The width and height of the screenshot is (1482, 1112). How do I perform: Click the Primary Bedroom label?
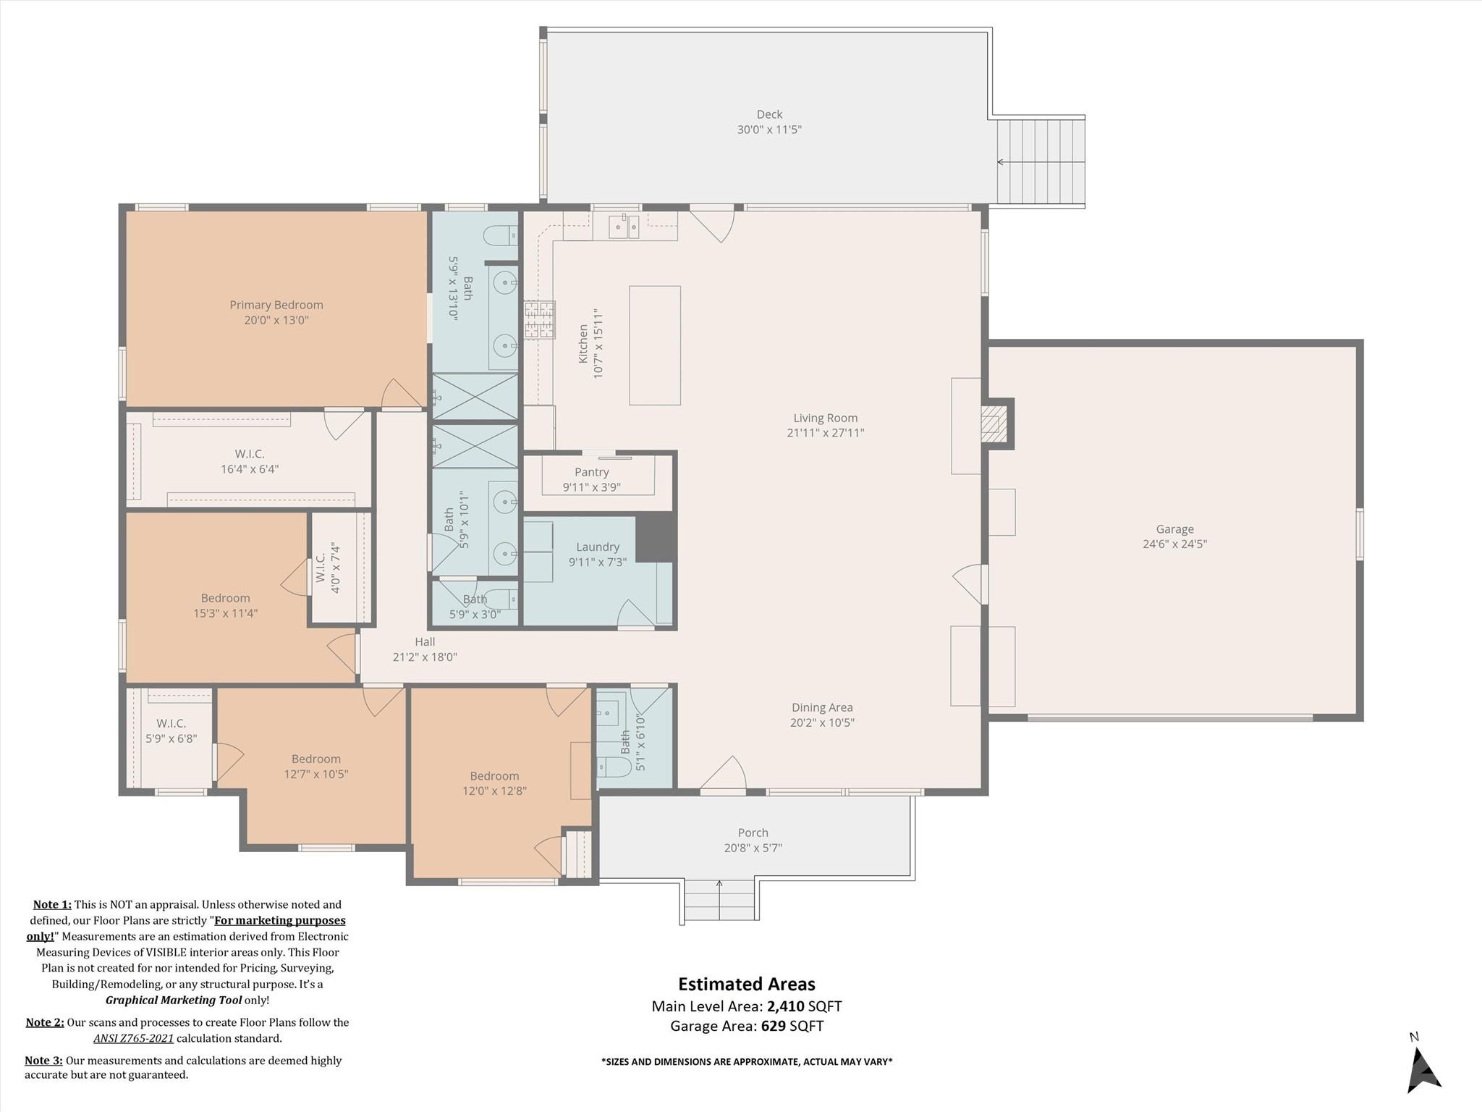276,305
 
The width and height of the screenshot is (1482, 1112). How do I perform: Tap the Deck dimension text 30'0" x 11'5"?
769,130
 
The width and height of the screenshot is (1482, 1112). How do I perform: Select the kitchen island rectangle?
654,345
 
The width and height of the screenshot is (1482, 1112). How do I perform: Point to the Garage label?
1174,529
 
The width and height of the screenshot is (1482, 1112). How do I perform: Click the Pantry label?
591,472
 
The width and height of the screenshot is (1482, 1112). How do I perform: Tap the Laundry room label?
598,547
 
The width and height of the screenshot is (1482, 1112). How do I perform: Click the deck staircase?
1041,162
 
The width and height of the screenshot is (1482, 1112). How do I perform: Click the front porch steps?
719,901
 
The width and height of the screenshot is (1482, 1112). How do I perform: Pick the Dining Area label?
822,707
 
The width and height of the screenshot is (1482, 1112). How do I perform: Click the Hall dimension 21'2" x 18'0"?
425,657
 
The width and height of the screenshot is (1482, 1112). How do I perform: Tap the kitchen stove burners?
540,320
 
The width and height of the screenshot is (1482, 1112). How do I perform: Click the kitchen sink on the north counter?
623,226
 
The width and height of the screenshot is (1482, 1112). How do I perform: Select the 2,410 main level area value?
786,1006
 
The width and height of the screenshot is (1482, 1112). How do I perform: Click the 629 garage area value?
773,1026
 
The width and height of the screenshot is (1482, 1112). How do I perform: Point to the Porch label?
753,833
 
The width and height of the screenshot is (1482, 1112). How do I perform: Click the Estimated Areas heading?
746,984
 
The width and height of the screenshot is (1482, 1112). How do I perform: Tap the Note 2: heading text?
45,1022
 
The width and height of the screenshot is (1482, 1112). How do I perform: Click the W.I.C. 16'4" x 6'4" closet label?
250,454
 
